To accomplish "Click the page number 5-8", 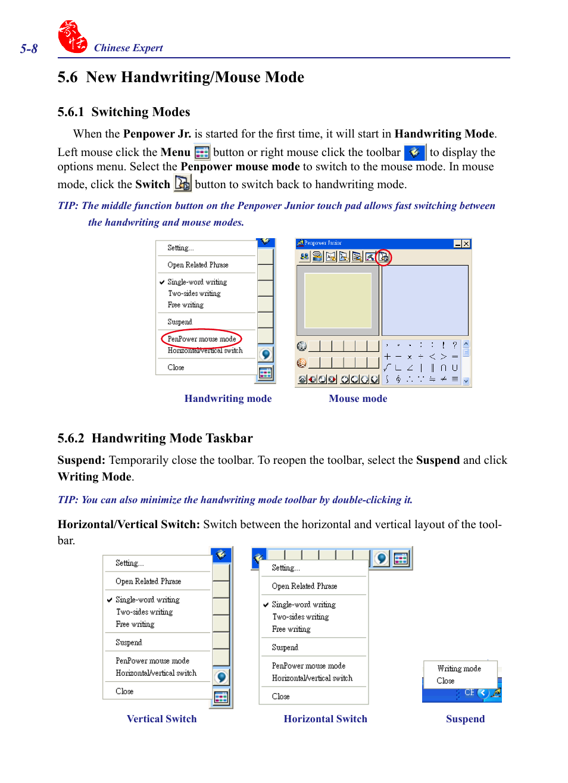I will pyautogui.click(x=29, y=49).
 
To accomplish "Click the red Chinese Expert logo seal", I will pyautogui.click(x=72, y=37).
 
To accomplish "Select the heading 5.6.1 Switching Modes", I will pyautogui.click(x=124, y=112).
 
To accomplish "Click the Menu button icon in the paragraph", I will pyautogui.click(x=202, y=152).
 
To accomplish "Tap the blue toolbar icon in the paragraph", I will pyautogui.click(x=414, y=152).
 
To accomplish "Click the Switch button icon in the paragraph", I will pyautogui.click(x=182, y=183).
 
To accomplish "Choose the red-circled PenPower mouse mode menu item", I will pyautogui.click(x=201, y=339).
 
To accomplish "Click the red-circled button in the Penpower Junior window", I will pyautogui.click(x=383, y=257).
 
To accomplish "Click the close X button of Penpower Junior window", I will pyautogui.click(x=466, y=244).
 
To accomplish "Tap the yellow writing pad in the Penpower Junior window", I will pyautogui.click(x=338, y=301).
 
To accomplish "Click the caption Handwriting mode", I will pyautogui.click(x=227, y=398).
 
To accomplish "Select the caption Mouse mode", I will pyautogui.click(x=358, y=398).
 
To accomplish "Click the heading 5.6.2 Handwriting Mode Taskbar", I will pyautogui.click(x=155, y=438).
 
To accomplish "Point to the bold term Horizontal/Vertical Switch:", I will pyautogui.click(x=129, y=524).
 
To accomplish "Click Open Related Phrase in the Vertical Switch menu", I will pyautogui.click(x=148, y=581).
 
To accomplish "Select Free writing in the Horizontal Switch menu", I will pyautogui.click(x=291, y=629).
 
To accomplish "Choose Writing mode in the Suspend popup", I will pyautogui.click(x=458, y=669).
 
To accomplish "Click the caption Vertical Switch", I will pyautogui.click(x=161, y=719).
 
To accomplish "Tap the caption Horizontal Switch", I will pyautogui.click(x=325, y=719).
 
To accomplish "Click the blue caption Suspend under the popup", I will pyautogui.click(x=465, y=719).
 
